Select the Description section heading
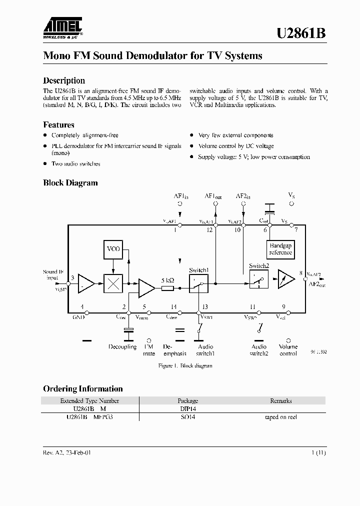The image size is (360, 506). pyautogui.click(x=64, y=80)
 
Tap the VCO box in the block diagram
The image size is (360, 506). pyautogui.click(x=113, y=249)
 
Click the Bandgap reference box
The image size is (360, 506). pyautogui.click(x=280, y=249)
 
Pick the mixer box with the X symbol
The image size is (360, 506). pyautogui.click(x=113, y=284)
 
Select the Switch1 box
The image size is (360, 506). pyautogui.click(x=198, y=283)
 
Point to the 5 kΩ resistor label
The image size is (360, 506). pyautogui.click(x=167, y=280)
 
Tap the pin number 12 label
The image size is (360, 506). pyautogui.click(x=209, y=230)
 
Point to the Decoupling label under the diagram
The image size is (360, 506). pyautogui.click(x=122, y=346)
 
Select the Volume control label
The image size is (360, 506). pyautogui.click(x=288, y=350)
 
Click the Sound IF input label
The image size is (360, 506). pyautogui.click(x=53, y=274)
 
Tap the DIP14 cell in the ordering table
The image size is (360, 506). pyautogui.click(x=187, y=408)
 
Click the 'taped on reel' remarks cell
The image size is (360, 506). pyautogui.click(x=280, y=417)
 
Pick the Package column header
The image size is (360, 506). pyautogui.click(x=187, y=400)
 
